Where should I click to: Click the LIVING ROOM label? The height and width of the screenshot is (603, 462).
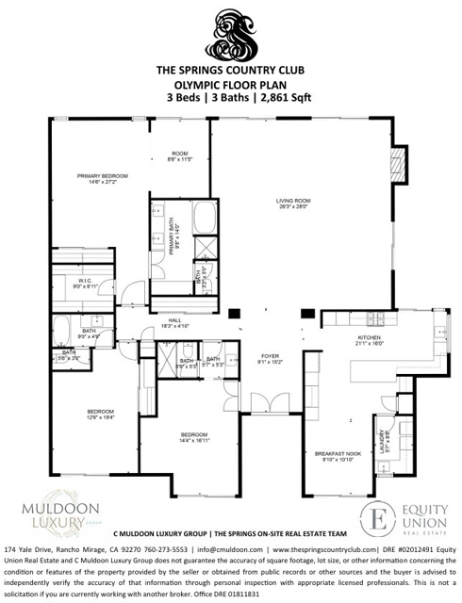[x=292, y=202]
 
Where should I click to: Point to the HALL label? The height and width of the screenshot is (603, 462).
[x=175, y=321]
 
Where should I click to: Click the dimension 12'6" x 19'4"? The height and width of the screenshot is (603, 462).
[x=101, y=417]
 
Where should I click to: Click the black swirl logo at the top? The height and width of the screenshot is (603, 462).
[x=231, y=33]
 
